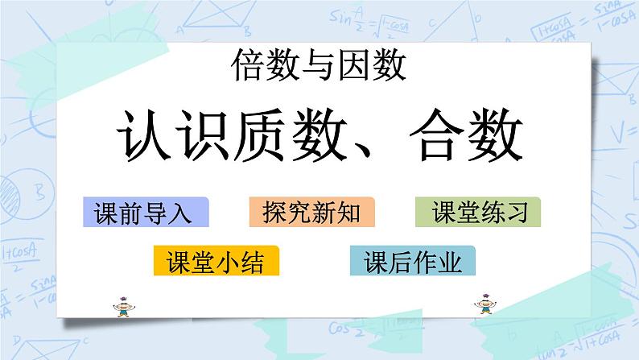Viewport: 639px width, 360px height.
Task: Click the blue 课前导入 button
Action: click(x=145, y=212)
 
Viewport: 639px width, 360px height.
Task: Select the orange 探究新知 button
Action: click(x=311, y=212)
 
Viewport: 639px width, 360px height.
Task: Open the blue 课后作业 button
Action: click(x=413, y=261)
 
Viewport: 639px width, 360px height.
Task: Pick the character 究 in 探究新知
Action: click(x=299, y=213)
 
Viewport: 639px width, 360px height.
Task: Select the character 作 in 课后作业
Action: click(x=425, y=262)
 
